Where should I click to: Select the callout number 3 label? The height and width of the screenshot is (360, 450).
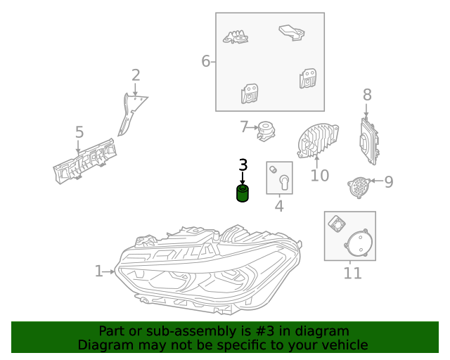pos(243,165)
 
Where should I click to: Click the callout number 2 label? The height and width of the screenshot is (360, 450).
pos(136,75)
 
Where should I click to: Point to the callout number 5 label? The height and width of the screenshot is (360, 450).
pos(79,132)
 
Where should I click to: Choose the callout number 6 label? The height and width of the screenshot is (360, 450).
pos(206,61)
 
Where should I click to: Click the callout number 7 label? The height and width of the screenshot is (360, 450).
pos(244,127)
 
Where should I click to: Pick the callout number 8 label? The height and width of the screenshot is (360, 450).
pos(366,95)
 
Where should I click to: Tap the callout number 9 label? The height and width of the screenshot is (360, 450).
pos(388,182)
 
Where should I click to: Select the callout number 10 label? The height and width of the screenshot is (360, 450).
pos(319,175)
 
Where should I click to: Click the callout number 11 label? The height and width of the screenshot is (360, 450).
pos(352,273)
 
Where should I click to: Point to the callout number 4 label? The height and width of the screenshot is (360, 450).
pos(279,207)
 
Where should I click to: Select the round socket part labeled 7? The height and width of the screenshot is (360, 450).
pos(266,129)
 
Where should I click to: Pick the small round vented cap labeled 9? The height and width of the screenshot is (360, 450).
pos(359,186)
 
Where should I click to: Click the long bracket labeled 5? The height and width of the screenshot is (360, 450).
pos(84,161)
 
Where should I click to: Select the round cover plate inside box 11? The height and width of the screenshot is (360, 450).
pos(359,245)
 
